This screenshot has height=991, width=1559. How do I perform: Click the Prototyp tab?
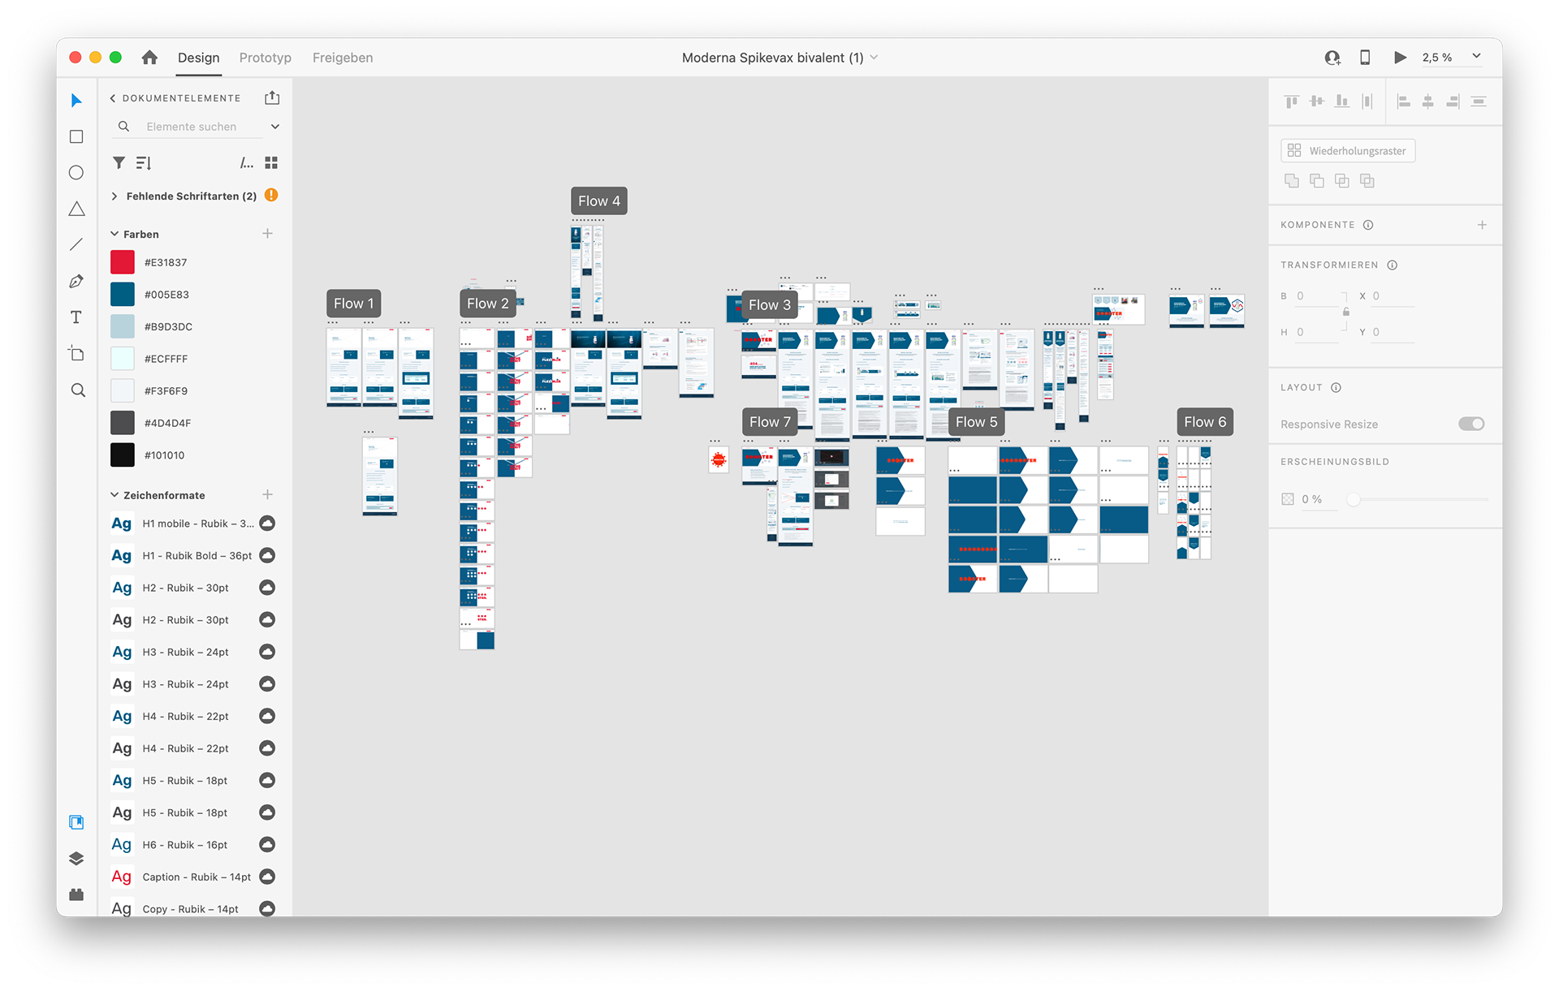pos(265,58)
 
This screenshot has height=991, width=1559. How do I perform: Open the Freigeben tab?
pos(343,58)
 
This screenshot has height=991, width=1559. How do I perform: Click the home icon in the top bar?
pos(149,58)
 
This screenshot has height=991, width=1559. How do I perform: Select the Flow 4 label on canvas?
pos(598,201)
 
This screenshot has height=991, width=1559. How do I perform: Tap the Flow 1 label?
pos(353,304)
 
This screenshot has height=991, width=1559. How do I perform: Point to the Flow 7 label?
pos(769,422)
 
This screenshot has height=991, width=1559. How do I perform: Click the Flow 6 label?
pos(1204,422)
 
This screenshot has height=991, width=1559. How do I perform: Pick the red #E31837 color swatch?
pos(123,262)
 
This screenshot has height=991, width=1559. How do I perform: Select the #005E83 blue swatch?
pos(123,295)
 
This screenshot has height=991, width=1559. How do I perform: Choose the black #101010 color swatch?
pos(123,455)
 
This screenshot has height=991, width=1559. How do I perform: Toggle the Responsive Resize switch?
pos(1470,424)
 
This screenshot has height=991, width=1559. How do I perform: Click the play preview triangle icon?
pos(1400,58)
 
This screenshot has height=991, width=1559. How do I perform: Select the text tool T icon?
pos(76,317)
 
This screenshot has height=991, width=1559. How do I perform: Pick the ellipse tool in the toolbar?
pos(76,173)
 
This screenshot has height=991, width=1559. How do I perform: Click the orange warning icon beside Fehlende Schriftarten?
pos(271,196)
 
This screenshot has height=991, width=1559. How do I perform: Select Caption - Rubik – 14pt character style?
pos(196,877)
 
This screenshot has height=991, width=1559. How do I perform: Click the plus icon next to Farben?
pos(267,234)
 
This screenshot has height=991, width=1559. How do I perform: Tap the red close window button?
pos(76,58)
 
